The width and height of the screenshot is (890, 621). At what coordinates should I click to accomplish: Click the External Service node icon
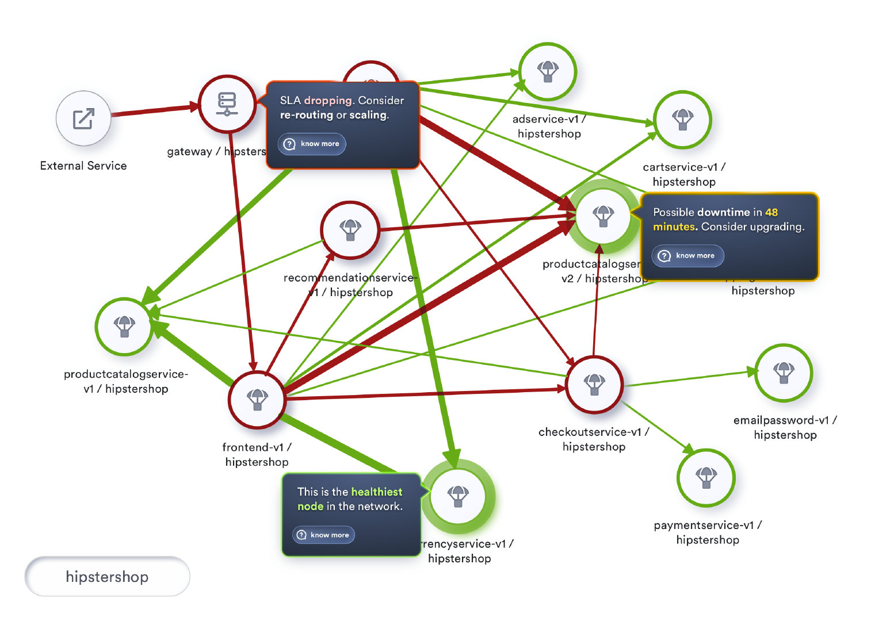[83, 119]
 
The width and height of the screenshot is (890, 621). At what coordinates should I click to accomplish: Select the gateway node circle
[227, 104]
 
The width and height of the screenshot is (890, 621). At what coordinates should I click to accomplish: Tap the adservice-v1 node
[548, 71]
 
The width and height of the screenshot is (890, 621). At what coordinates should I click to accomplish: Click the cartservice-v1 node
[682, 120]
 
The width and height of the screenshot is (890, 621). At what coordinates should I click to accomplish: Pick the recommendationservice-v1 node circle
[350, 229]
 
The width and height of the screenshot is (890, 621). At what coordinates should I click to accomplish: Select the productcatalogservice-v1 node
[124, 326]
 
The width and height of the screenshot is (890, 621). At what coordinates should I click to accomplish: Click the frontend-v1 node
[257, 399]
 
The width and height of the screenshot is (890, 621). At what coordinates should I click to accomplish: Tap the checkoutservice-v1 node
[594, 384]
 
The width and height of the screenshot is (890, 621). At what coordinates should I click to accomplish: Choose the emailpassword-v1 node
[783, 373]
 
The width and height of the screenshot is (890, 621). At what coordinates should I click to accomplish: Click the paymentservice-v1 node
[706, 477]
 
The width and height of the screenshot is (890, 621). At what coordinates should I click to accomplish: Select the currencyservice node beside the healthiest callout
[458, 496]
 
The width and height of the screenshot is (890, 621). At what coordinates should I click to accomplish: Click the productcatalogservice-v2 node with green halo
[603, 216]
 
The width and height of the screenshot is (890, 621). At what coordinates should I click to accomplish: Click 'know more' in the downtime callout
[687, 256]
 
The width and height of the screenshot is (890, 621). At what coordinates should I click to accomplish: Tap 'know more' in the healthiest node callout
[323, 535]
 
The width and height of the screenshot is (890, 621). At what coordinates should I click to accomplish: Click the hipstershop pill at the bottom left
[107, 576]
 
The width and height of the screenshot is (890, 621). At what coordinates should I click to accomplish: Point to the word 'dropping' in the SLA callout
[328, 100]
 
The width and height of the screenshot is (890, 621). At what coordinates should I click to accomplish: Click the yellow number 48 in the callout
[771, 212]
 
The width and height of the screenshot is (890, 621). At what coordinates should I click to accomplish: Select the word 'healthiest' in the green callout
[376, 492]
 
